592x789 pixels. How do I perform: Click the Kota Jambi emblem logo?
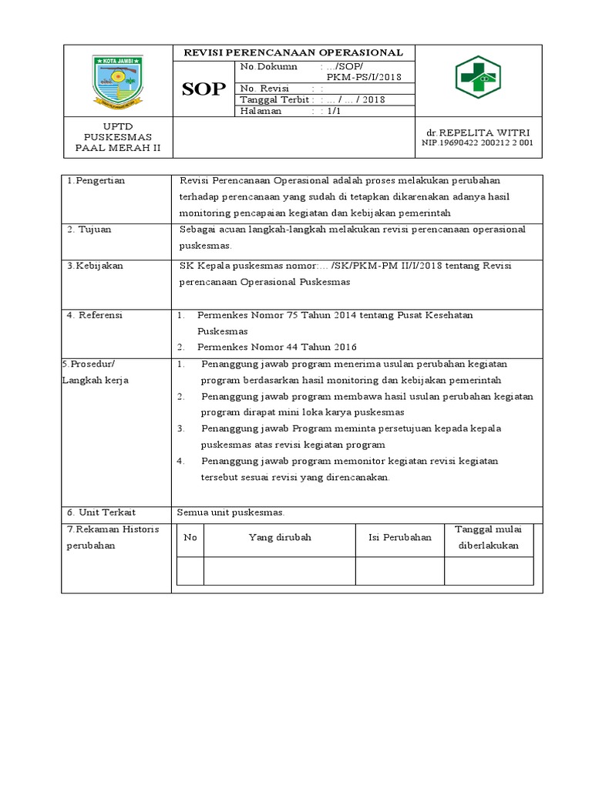[118, 80]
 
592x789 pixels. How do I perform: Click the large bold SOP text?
[203, 89]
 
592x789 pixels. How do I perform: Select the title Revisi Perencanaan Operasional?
[293, 52]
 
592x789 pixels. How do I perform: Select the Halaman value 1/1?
[333, 111]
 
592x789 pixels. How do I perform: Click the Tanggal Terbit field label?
[274, 99]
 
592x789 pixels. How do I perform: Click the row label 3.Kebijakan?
[95, 265]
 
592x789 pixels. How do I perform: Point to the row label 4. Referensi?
[95, 314]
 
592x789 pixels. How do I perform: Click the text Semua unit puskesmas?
[231, 512]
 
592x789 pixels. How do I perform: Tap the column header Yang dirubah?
[279, 537]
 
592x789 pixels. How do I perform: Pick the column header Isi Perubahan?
[399, 537]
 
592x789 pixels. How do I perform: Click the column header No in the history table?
[190, 537]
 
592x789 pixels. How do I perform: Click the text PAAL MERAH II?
[117, 148]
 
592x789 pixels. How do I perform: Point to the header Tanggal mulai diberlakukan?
[489, 537]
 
